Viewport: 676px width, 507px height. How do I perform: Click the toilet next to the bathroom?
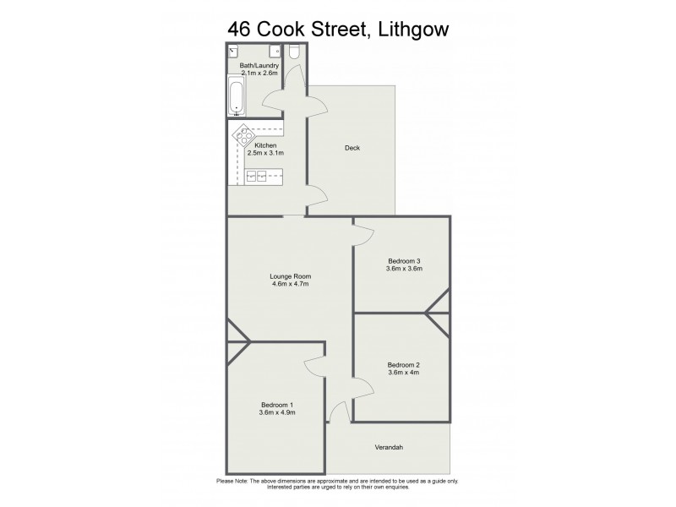[294, 52]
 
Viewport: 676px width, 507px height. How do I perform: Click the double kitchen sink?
[256, 177]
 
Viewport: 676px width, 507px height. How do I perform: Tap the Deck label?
[352, 148]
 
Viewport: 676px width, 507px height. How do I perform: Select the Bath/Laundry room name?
[259, 65]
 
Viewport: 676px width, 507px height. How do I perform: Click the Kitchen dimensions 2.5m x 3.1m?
[265, 153]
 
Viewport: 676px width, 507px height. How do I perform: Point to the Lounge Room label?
[291, 275]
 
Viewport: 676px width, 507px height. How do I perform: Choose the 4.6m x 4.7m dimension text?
[291, 284]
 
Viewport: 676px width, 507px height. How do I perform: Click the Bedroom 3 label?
[404, 260]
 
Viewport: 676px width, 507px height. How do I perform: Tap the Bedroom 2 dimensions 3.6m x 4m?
[403, 373]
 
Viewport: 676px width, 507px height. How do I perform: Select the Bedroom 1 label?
[277, 403]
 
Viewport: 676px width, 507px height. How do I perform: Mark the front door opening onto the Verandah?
[339, 412]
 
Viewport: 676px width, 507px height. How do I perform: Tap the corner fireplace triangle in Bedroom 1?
[237, 341]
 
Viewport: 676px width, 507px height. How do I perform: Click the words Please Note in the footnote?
[235, 481]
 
